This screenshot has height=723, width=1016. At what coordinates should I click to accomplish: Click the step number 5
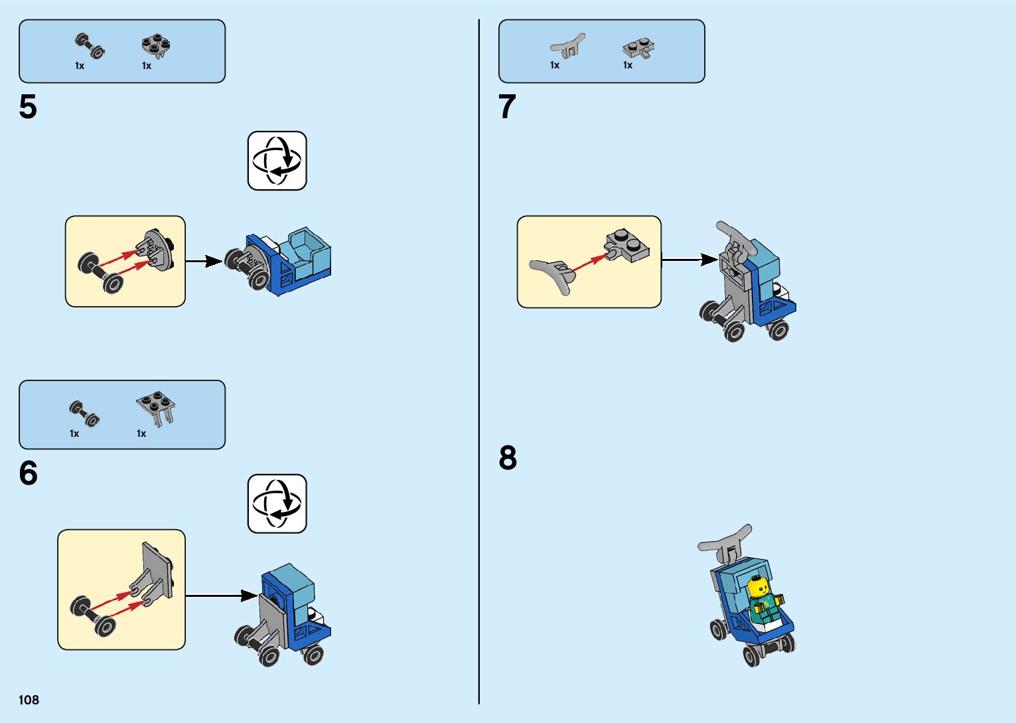[28, 107]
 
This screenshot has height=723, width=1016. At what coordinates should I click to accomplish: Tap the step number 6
[28, 473]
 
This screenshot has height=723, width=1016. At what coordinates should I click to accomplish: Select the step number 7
[507, 107]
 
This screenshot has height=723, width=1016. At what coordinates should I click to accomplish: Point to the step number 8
[508, 458]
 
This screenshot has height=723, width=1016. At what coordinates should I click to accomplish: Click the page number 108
[29, 700]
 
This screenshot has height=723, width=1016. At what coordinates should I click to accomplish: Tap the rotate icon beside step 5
[277, 161]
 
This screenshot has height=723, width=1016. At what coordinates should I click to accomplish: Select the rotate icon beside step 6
[277, 503]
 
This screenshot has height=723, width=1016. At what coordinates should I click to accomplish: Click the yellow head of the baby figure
[758, 588]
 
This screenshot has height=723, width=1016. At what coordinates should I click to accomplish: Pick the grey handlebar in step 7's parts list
[567, 46]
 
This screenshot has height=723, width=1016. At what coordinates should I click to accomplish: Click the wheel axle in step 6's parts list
[84, 413]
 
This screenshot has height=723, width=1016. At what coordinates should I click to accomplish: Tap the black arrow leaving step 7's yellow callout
[689, 260]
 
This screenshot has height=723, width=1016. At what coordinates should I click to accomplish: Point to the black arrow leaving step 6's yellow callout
[222, 596]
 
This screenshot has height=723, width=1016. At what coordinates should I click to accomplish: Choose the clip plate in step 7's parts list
[639, 48]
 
